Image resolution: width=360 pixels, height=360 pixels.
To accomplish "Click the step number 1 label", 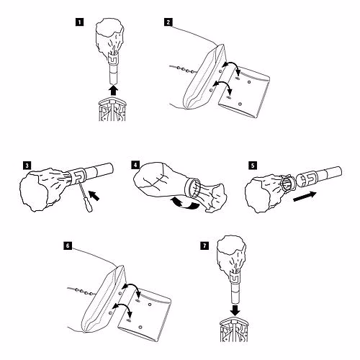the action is pyautogui.click(x=79, y=22).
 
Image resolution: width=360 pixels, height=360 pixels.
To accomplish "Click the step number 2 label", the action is pyautogui.click(x=168, y=22).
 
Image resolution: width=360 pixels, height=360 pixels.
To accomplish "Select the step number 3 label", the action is pyautogui.click(x=27, y=166).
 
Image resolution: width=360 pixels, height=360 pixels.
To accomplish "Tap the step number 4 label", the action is pyautogui.click(x=135, y=165).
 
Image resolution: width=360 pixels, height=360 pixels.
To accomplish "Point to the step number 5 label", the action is pyautogui.click(x=253, y=166).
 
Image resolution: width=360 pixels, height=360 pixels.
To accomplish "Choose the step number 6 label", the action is pyautogui.click(x=68, y=246).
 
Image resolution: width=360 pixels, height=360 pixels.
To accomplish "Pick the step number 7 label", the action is pyautogui.click(x=204, y=246).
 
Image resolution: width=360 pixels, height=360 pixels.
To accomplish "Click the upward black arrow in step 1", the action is pyautogui.click(x=113, y=91).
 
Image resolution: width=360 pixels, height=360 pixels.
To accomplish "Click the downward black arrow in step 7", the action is pyautogui.click(x=235, y=310).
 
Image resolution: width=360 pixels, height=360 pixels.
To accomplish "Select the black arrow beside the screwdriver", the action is pyautogui.click(x=94, y=195).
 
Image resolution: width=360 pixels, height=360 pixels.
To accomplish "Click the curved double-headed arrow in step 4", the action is pyautogui.click(x=184, y=203).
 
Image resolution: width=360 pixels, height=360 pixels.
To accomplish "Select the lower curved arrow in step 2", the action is pyautogui.click(x=223, y=86).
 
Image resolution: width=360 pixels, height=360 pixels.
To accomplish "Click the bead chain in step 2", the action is pyautogui.click(x=184, y=69).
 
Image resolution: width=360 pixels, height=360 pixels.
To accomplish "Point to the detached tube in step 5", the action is pyautogui.click(x=319, y=175).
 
